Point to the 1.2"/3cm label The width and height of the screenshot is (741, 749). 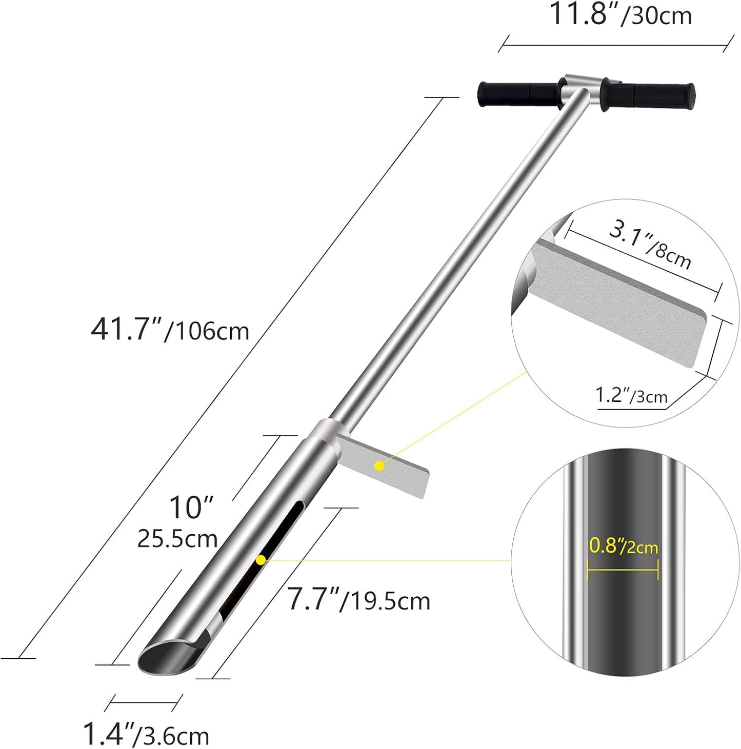(x=631, y=395)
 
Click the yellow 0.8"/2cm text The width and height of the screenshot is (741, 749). (x=623, y=546)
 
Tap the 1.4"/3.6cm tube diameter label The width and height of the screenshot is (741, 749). (x=146, y=735)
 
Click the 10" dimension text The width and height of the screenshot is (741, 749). (x=191, y=508)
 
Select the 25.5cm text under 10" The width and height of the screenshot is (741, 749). (x=177, y=539)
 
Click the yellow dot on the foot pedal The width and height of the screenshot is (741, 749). (x=379, y=465)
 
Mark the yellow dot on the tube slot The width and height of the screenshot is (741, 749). (x=261, y=560)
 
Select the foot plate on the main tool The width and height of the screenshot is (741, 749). (x=382, y=467)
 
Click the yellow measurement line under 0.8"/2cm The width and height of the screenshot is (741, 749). (x=623, y=569)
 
